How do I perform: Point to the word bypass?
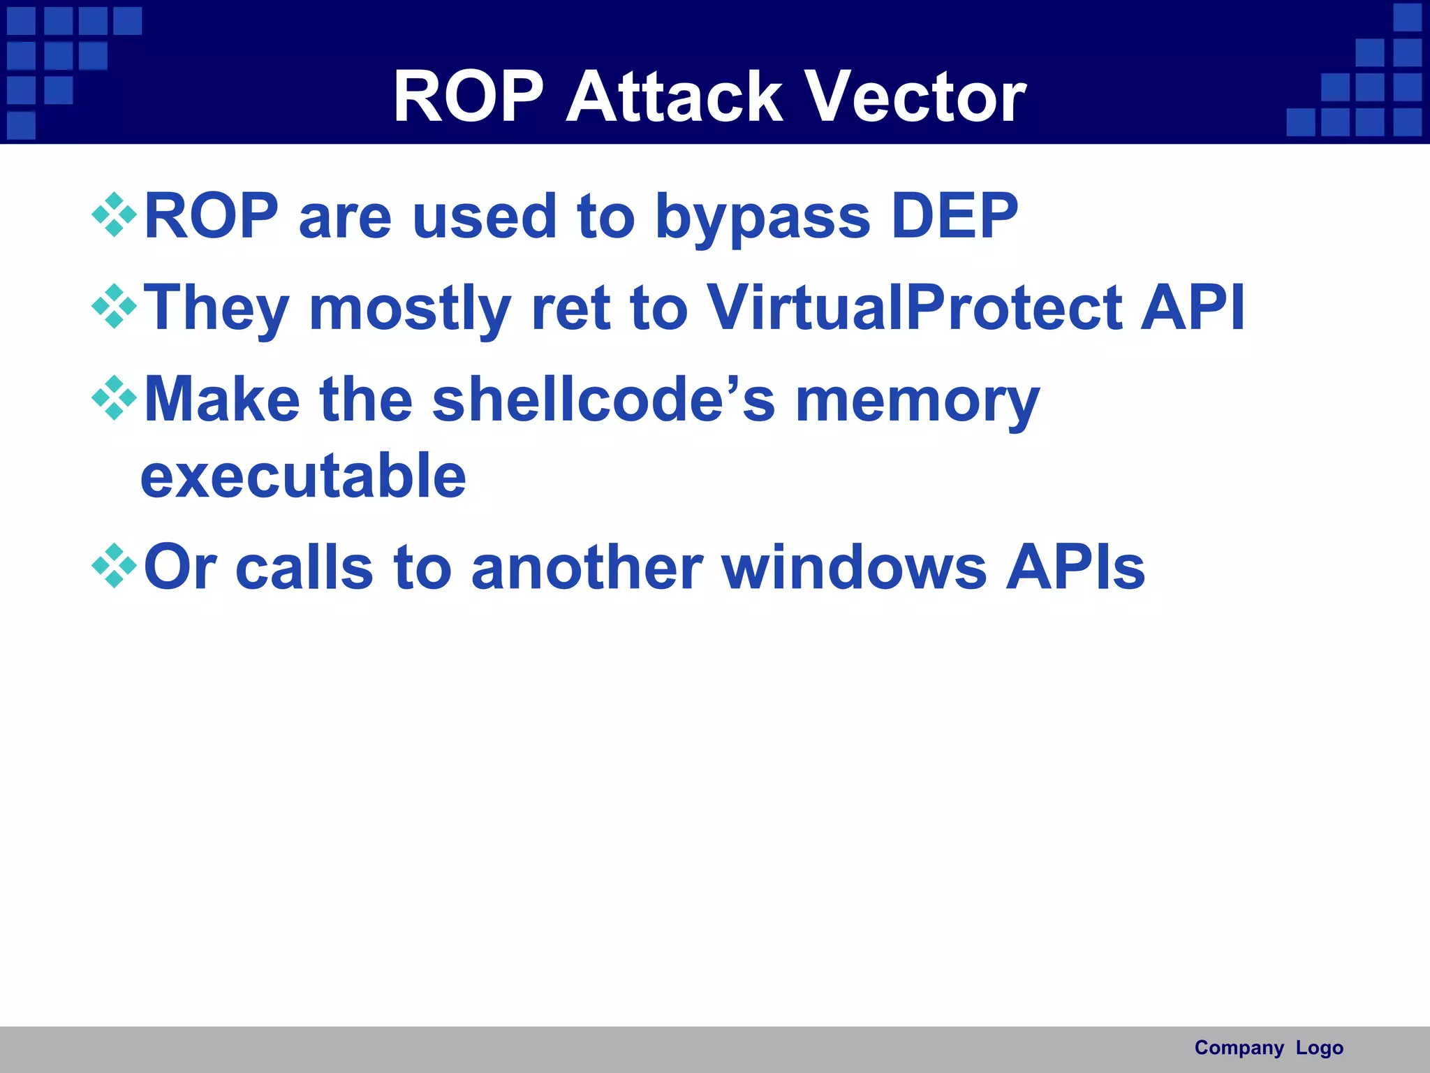click(762, 218)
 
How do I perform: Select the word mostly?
click(410, 309)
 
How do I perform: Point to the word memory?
click(917, 402)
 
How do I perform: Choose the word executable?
click(303, 476)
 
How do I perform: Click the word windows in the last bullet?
click(854, 567)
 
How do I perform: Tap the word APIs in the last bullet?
click(1075, 567)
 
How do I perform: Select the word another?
click(587, 567)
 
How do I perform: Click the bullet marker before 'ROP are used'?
click(114, 215)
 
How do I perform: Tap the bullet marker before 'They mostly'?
click(114, 307)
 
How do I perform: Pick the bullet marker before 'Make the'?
click(114, 398)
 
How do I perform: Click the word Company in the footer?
click(1239, 1048)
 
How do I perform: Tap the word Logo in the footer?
click(1319, 1048)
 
